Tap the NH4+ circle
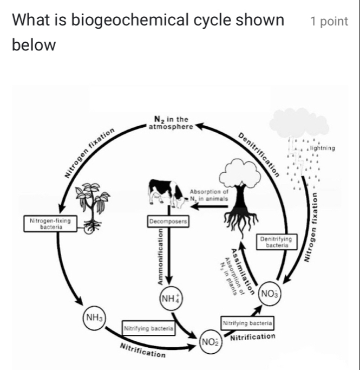(171, 297)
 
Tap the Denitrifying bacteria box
(276, 242)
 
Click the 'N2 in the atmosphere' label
(171, 123)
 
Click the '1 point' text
(329, 22)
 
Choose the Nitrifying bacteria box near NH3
(149, 328)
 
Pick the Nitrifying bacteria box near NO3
(247, 323)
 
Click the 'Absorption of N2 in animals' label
(209, 195)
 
